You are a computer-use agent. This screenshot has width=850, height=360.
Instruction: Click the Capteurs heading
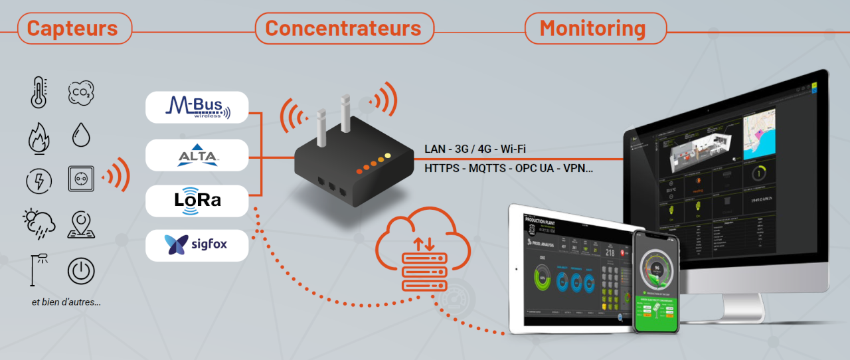72,29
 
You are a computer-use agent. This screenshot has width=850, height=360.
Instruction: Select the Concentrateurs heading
343,29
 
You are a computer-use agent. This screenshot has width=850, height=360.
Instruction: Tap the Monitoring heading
593,29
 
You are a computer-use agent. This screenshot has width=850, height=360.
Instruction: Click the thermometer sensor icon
39,92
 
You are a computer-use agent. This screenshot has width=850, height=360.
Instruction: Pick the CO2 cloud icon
81,92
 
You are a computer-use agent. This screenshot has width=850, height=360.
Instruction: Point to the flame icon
39,137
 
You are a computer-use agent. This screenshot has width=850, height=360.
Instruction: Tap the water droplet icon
81,135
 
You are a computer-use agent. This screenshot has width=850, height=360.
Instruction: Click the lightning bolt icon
39,181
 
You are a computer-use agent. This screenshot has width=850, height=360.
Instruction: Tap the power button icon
81,271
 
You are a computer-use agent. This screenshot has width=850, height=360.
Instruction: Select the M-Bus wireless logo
197,107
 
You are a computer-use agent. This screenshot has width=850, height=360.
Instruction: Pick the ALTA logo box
197,155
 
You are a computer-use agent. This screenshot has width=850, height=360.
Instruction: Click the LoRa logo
197,201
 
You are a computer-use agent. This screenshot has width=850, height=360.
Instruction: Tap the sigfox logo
197,245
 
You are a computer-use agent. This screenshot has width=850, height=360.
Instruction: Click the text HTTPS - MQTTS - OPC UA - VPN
509,169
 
